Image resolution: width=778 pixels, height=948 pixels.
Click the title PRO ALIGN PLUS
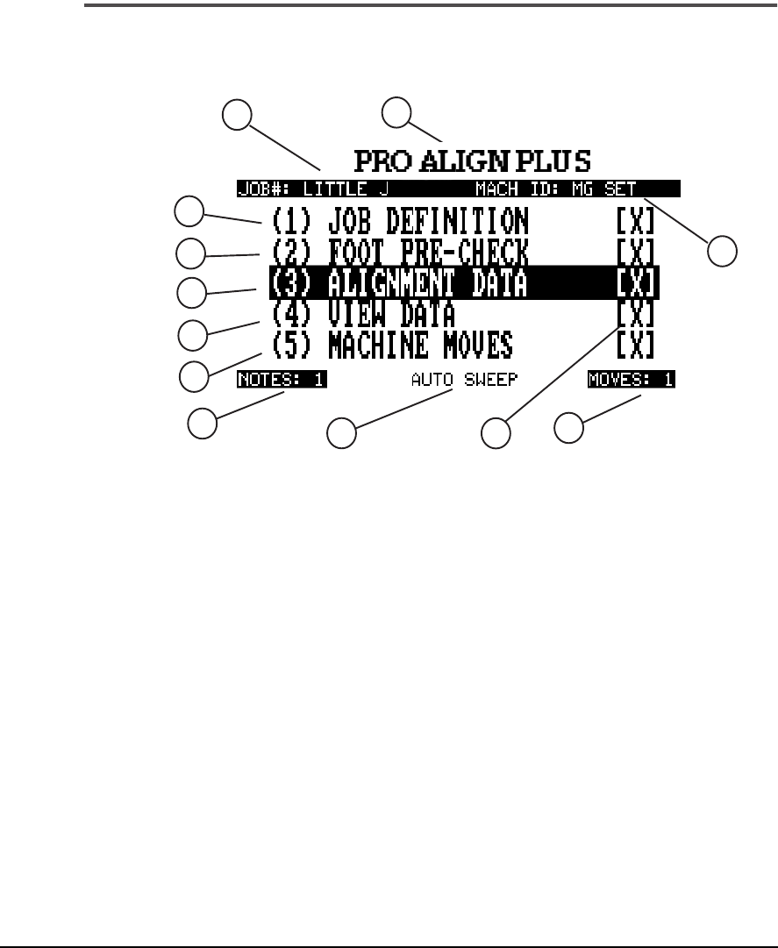pos(473,161)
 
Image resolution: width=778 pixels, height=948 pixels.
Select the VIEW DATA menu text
pos(391,313)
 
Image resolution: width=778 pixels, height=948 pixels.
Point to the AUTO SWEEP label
pos(466,381)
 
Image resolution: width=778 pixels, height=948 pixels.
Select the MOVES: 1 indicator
pos(637,381)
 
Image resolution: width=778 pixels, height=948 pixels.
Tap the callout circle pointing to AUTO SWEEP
pos(341,433)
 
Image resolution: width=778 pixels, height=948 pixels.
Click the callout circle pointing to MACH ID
pos(723,250)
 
